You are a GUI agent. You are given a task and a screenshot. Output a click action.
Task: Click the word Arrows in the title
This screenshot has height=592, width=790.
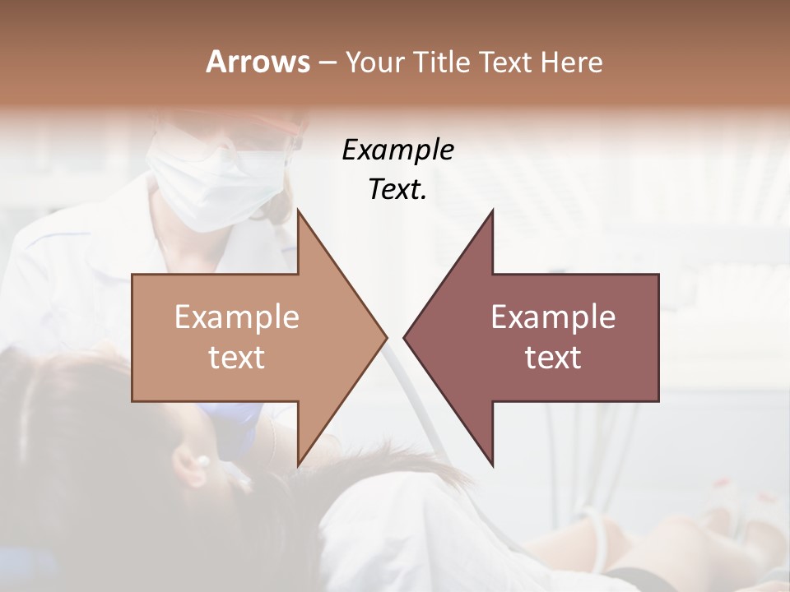(x=258, y=62)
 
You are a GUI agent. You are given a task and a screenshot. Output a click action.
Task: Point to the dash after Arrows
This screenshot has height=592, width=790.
(x=327, y=62)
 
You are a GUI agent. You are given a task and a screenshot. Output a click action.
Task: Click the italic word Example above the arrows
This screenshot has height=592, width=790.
(x=397, y=150)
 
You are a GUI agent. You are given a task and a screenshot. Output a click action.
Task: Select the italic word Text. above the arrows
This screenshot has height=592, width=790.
(x=397, y=189)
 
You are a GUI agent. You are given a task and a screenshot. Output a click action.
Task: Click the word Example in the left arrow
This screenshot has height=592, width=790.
(x=237, y=317)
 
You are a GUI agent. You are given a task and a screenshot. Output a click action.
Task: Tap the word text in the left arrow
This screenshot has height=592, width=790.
(x=237, y=358)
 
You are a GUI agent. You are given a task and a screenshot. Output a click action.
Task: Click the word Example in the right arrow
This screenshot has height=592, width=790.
(x=553, y=317)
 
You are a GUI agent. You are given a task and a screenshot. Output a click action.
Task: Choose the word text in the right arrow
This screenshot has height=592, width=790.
(x=553, y=358)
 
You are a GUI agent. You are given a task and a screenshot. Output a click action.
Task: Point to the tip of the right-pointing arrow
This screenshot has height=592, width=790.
(x=387, y=337)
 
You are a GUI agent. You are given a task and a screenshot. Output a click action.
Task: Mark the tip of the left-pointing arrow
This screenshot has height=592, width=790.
(x=404, y=337)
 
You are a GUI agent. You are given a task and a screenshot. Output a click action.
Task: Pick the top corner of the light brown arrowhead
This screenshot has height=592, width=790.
(x=298, y=210)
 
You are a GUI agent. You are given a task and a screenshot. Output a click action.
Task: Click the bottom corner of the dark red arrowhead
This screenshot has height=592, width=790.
(x=493, y=465)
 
